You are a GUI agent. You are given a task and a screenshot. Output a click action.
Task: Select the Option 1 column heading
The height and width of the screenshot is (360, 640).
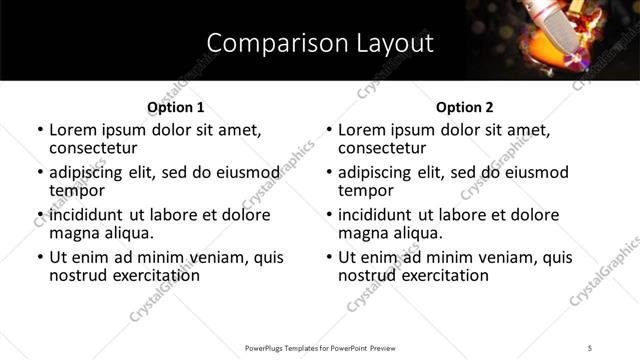pyautogui.click(x=176, y=107)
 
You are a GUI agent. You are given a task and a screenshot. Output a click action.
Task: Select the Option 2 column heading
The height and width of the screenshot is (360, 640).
pyautogui.click(x=465, y=107)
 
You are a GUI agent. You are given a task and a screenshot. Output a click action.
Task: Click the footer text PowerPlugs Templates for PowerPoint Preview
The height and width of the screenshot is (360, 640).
pyautogui.click(x=319, y=348)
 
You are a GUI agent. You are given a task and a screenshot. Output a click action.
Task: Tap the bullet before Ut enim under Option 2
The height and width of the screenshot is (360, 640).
pyautogui.click(x=328, y=257)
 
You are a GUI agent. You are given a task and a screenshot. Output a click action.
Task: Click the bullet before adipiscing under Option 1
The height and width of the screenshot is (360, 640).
pyautogui.click(x=39, y=172)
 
